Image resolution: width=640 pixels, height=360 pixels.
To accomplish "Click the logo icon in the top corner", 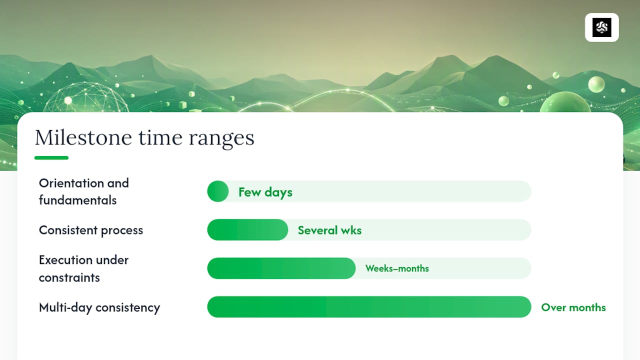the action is (x=601, y=27).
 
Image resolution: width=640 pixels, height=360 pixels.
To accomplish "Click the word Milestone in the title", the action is (x=83, y=137).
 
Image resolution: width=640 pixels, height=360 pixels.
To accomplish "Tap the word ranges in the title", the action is (x=221, y=139).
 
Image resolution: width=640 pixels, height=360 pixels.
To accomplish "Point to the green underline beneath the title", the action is (x=51, y=157).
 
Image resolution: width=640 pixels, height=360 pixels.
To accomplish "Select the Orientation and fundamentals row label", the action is (x=84, y=191).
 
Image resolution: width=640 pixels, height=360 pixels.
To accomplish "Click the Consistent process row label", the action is (x=91, y=230).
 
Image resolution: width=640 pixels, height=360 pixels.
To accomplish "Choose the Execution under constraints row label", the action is (x=83, y=268).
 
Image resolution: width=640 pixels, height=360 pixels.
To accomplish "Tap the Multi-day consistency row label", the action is (x=99, y=307).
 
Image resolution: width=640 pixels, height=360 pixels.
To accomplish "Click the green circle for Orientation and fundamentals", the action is (x=218, y=191).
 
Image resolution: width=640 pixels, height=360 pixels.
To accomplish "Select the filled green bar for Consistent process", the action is (x=247, y=229).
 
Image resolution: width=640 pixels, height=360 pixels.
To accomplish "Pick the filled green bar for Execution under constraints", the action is (x=281, y=268).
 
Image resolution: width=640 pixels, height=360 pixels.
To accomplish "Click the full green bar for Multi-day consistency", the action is (x=369, y=307).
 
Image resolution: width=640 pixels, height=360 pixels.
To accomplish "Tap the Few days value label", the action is (x=265, y=192).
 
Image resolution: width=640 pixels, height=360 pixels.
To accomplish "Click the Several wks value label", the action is (x=329, y=230).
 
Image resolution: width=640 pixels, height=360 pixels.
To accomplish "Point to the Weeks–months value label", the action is (x=397, y=268).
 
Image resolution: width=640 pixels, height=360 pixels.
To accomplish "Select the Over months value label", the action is (x=573, y=307).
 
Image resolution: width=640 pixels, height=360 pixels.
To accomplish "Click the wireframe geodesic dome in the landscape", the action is (x=85, y=98).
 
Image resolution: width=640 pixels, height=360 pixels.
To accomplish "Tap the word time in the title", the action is (x=160, y=137).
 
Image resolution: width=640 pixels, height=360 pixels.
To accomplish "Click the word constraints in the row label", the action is (x=69, y=277).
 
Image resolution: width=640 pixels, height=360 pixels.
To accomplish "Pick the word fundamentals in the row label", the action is (x=77, y=200).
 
